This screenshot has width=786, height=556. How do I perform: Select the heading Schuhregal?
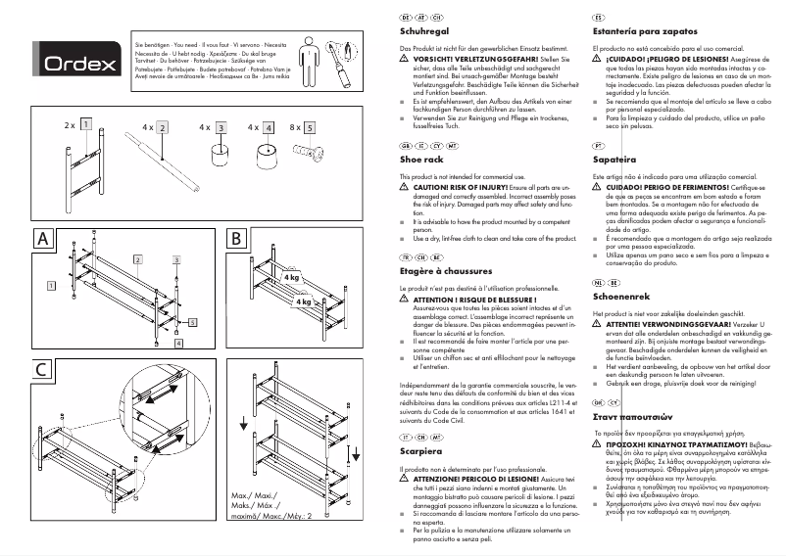point(424,32)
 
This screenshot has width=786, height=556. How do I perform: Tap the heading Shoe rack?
point(421,158)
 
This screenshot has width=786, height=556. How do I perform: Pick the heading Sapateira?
point(615,158)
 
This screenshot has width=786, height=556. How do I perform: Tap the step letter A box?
point(43,239)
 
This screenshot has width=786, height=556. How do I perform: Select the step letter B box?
point(238,239)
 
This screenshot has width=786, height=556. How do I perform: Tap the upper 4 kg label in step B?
point(290,277)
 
